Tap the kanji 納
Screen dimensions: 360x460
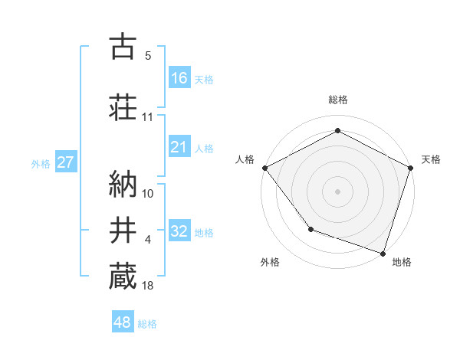click(123, 182)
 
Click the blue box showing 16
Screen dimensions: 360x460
click(179, 77)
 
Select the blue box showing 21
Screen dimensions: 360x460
click(179, 147)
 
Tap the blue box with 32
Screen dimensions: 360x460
click(179, 232)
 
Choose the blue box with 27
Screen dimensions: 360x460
click(65, 162)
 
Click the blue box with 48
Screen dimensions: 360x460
click(123, 322)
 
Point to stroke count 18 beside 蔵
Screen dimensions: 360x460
click(148, 286)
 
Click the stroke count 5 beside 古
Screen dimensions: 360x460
click(148, 56)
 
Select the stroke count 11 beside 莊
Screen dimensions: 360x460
click(148, 117)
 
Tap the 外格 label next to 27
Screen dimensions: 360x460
click(41, 163)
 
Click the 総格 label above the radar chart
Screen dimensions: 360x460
click(337, 100)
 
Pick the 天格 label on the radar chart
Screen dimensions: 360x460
click(432, 159)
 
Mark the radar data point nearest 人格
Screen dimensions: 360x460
click(264, 168)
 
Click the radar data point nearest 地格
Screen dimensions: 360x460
click(383, 253)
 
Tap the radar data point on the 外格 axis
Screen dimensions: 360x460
click(310, 229)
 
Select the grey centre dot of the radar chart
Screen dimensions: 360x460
click(337, 191)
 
